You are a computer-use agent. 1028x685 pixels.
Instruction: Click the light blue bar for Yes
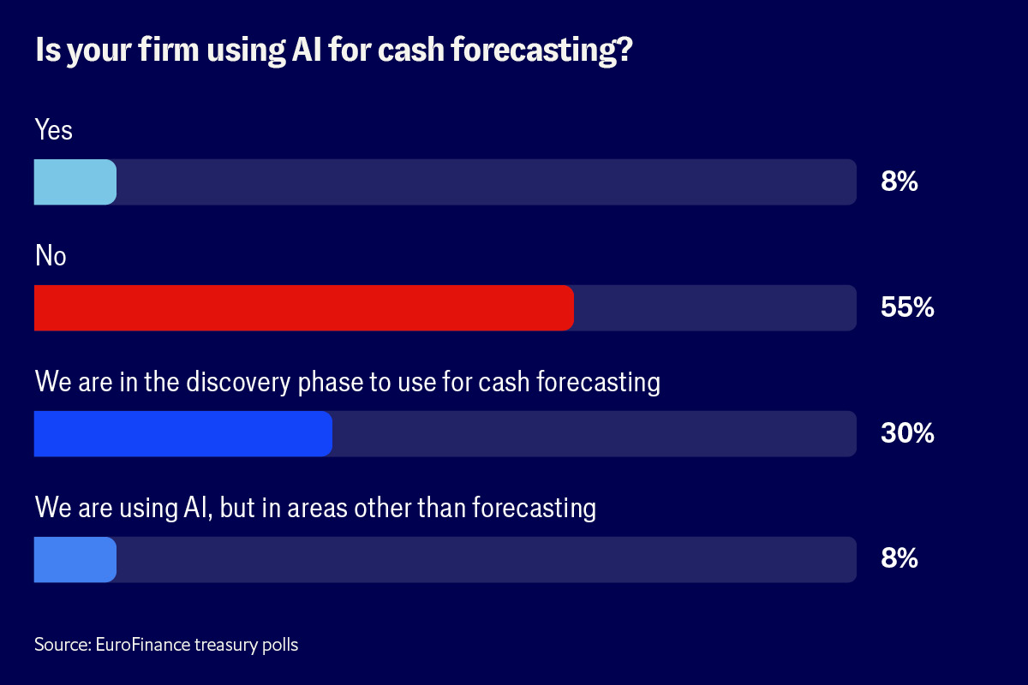coord(75,182)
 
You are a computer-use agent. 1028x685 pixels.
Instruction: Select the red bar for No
coord(304,308)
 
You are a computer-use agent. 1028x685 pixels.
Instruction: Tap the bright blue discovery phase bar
coord(183,433)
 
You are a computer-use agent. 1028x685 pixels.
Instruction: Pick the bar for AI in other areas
coord(75,560)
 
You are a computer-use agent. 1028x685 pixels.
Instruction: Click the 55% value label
coord(907,307)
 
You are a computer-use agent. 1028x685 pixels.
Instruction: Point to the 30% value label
coord(907,432)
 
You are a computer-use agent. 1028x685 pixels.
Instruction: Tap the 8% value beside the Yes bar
coord(899,182)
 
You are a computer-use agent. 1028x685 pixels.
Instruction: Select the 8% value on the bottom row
coord(899,558)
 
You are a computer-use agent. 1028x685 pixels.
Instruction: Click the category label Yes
coord(54,129)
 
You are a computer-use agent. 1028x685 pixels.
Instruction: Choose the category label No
coord(51,255)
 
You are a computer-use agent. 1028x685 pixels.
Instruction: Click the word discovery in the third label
coord(238,383)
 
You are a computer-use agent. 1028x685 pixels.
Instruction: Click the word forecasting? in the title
coord(541,51)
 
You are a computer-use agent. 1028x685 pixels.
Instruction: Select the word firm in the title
coord(169,49)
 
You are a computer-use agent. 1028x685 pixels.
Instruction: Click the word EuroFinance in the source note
coord(143,645)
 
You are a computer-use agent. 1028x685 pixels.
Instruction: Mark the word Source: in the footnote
coord(63,645)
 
